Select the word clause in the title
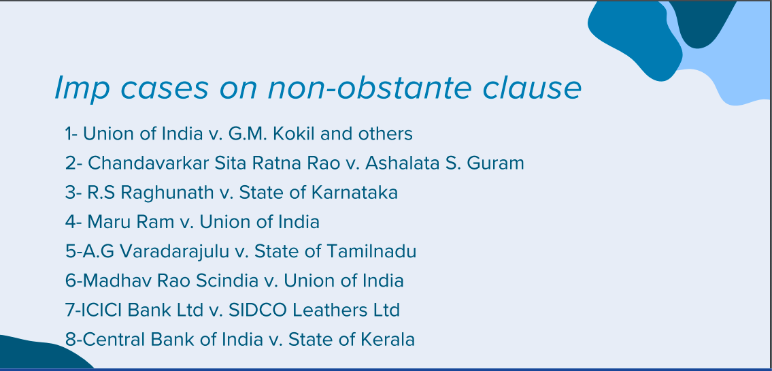coord(532,88)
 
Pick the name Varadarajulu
coord(175,252)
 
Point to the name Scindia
coord(227,281)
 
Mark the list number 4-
coord(73,222)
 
